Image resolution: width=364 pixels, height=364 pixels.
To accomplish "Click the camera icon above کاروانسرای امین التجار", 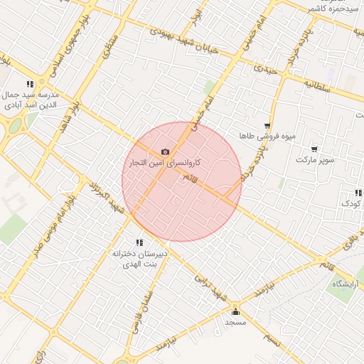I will click(x=166, y=151).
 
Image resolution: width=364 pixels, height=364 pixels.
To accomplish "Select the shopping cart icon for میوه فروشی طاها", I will click(x=267, y=125).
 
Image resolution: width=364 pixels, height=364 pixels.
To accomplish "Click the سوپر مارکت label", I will click(x=315, y=160).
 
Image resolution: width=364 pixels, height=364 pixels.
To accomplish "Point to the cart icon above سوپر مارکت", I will click(x=314, y=149).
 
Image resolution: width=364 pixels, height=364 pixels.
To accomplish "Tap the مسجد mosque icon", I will click(x=236, y=311).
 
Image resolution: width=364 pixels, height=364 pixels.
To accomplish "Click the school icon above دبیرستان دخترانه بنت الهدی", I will click(x=139, y=242).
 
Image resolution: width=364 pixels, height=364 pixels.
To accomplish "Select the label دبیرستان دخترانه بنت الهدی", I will click(x=139, y=258).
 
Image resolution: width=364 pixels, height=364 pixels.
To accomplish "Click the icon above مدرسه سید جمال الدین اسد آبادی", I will click(x=30, y=84).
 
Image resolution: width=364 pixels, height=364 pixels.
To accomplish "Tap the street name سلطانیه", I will click(x=318, y=85).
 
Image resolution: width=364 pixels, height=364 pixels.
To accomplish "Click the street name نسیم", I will click(x=273, y=339).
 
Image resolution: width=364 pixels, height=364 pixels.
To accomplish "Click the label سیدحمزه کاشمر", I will click(x=333, y=8).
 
